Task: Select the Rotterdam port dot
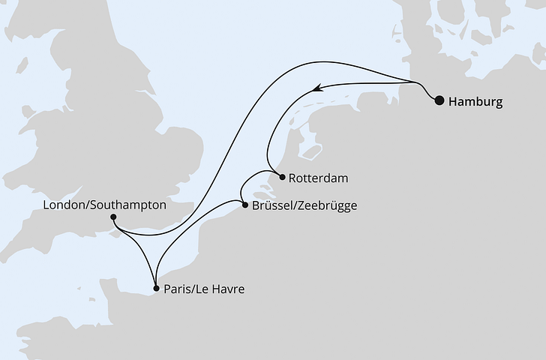pos(280,178)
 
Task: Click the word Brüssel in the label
pos(272,205)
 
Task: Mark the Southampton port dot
pos(113,218)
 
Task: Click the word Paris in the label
pos(177,289)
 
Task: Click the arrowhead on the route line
pos(316,88)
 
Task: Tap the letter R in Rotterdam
pos(292,179)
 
